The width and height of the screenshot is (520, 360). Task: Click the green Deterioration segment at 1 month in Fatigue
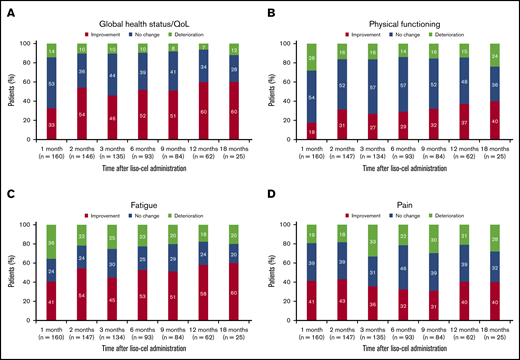coord(51,242)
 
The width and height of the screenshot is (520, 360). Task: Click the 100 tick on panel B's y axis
coord(288,44)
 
